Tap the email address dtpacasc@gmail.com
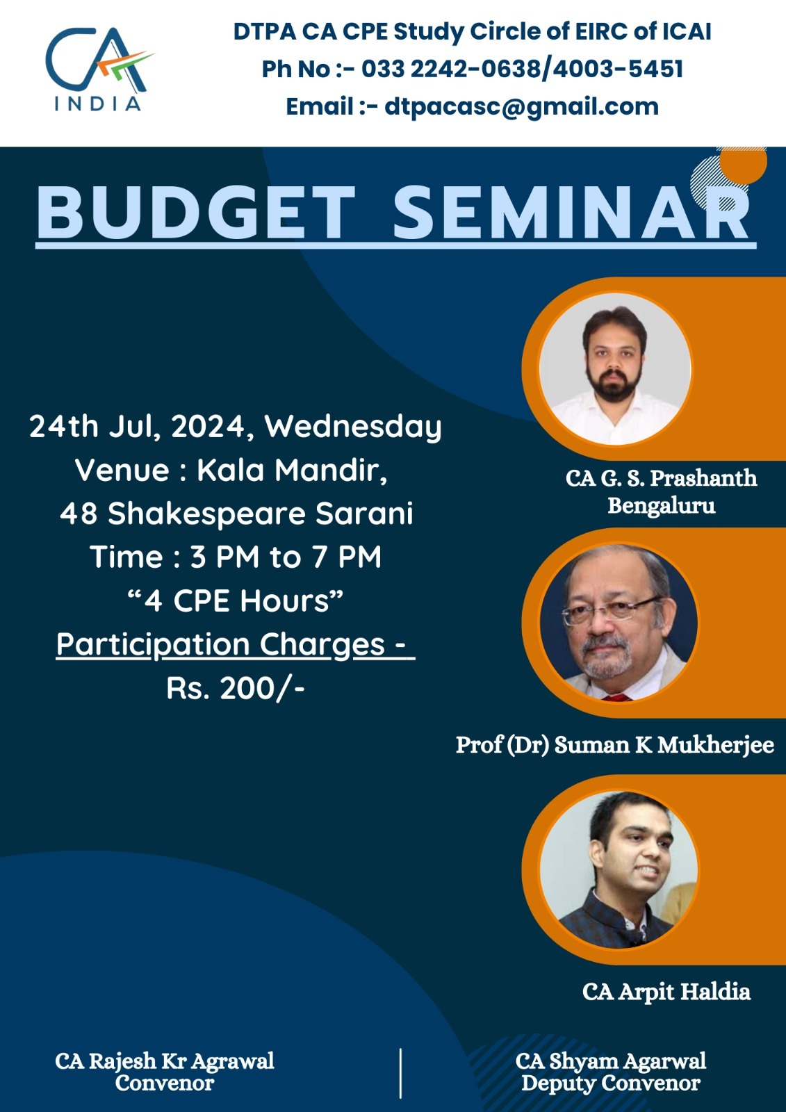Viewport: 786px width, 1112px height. pyautogui.click(x=521, y=107)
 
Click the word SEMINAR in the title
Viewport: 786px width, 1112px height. pyautogui.click(x=571, y=213)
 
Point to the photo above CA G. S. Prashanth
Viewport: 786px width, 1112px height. pyautogui.click(x=615, y=369)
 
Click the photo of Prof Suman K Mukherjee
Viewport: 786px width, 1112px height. pyautogui.click(x=619, y=622)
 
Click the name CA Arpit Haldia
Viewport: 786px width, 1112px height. pyautogui.click(x=666, y=992)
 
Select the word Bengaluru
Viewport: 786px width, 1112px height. pyautogui.click(x=662, y=506)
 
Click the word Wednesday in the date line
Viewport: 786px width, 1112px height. pyautogui.click(x=353, y=427)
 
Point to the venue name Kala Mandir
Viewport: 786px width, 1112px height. pyautogui.click(x=292, y=470)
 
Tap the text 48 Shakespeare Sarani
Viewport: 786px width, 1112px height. pyautogui.click(x=236, y=513)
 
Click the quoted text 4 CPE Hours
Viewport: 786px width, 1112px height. pyautogui.click(x=236, y=600)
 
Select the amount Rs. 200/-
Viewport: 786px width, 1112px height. pyautogui.click(x=236, y=688)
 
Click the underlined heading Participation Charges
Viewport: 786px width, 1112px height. pyautogui.click(x=236, y=645)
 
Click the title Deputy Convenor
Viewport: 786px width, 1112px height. pyautogui.click(x=611, y=1083)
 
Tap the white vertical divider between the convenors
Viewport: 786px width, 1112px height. pyautogui.click(x=400, y=1073)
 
